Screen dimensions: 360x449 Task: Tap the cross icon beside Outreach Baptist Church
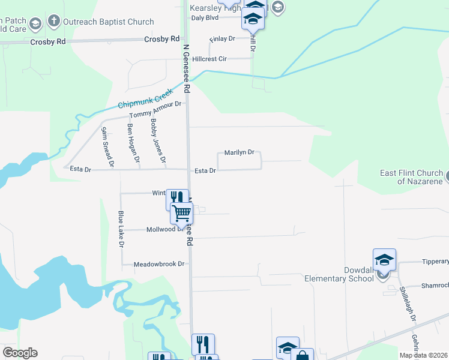53,22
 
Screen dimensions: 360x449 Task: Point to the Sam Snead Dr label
107,146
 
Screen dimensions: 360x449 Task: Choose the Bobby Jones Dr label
157,142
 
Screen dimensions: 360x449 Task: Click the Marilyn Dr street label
240,153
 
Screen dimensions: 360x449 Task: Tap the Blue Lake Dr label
121,229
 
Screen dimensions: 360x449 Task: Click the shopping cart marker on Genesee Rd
181,212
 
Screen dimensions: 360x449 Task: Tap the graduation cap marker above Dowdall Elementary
384,259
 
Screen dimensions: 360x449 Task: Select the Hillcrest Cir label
205,59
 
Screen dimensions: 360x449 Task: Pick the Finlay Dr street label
222,39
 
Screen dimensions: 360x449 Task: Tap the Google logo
20,353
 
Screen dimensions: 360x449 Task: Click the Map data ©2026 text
423,355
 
